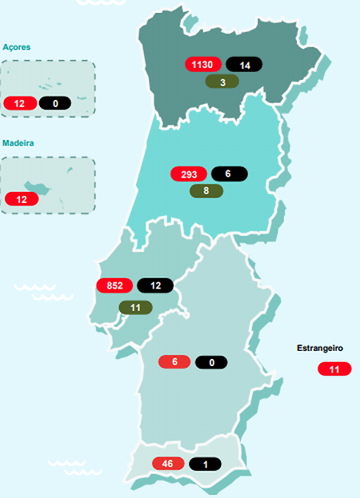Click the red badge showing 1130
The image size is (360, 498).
(x=203, y=65)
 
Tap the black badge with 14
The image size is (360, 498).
(x=243, y=65)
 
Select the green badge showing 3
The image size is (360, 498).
(x=223, y=81)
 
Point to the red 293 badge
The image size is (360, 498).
(x=189, y=173)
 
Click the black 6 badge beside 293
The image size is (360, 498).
(x=228, y=173)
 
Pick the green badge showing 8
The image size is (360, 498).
(x=206, y=190)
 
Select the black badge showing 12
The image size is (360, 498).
(x=154, y=285)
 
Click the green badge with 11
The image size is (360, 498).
(x=135, y=307)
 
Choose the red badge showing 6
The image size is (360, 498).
(x=174, y=362)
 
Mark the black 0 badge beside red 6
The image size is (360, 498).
(x=211, y=362)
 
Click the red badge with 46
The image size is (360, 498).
(x=168, y=464)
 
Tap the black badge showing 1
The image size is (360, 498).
(x=206, y=464)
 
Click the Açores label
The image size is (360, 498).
(x=17, y=47)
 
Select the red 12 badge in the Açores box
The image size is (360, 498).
(x=19, y=102)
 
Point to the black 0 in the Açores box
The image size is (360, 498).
(x=54, y=102)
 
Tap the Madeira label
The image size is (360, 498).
(x=18, y=143)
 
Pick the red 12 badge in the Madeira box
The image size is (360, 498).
(x=21, y=198)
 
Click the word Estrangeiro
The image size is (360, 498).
(x=320, y=349)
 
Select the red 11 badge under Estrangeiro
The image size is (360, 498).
(x=334, y=369)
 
